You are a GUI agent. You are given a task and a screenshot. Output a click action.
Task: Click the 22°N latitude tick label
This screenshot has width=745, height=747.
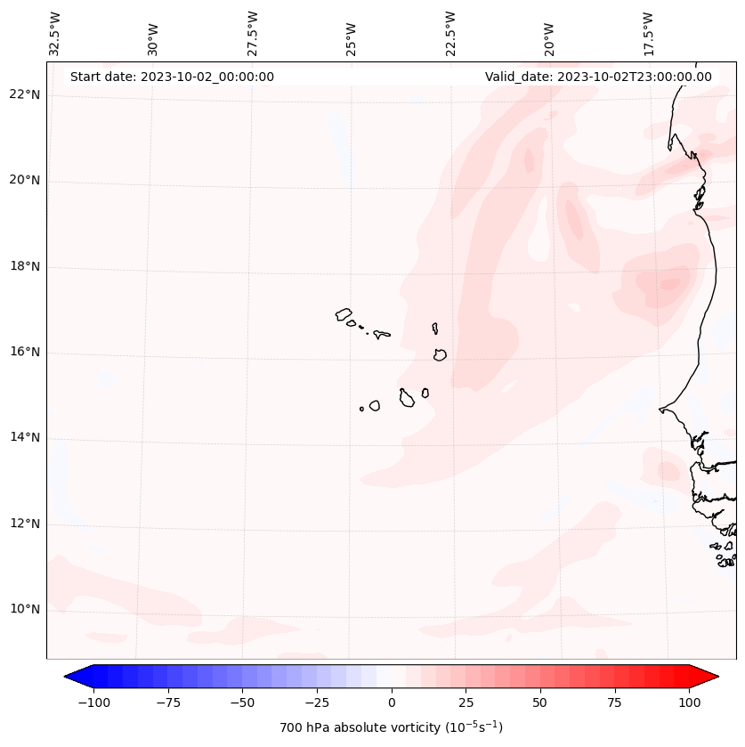click(x=24, y=94)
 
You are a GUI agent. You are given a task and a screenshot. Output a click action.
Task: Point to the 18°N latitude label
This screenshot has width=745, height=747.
click(x=24, y=266)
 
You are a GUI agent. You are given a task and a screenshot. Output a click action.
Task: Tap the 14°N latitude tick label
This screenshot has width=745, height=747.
click(x=24, y=437)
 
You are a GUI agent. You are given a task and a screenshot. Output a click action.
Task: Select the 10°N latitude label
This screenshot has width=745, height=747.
click(x=24, y=609)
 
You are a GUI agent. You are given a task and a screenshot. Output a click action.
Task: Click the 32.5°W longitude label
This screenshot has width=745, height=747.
click(x=55, y=33)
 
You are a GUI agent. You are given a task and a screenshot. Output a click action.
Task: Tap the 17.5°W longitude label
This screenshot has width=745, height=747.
click(x=648, y=33)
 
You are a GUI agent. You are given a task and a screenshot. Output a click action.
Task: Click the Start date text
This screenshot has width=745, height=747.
click(x=172, y=77)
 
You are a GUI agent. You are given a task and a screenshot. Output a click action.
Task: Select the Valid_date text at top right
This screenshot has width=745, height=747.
click(x=598, y=77)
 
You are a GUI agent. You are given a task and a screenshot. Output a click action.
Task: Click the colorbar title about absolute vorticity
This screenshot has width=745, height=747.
click(x=391, y=727)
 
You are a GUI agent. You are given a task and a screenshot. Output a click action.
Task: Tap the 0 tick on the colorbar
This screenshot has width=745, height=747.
click(x=392, y=702)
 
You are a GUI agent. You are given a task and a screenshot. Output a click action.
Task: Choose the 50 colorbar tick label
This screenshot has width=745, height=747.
click(x=540, y=702)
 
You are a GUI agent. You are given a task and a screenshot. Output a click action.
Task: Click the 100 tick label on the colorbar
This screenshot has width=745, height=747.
click(x=689, y=702)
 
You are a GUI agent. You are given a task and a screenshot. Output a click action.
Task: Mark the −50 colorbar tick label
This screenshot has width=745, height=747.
click(x=242, y=702)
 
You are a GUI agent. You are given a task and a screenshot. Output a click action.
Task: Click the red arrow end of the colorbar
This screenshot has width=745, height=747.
click(x=705, y=677)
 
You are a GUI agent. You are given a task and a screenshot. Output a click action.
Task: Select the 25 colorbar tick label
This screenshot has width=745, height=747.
click(x=466, y=702)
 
